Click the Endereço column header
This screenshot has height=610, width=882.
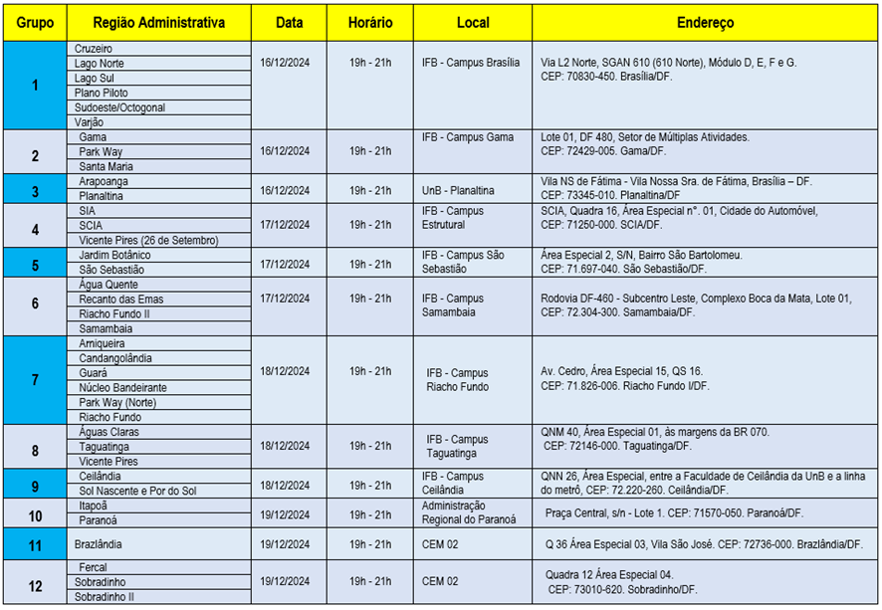pos(705,22)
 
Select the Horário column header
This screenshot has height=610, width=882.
pos(370,22)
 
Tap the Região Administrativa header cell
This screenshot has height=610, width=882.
pos(158,22)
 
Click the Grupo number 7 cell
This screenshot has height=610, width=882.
pos(35,379)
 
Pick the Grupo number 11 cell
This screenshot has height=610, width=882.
pos(35,544)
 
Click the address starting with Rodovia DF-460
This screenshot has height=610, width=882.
pos(695,305)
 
